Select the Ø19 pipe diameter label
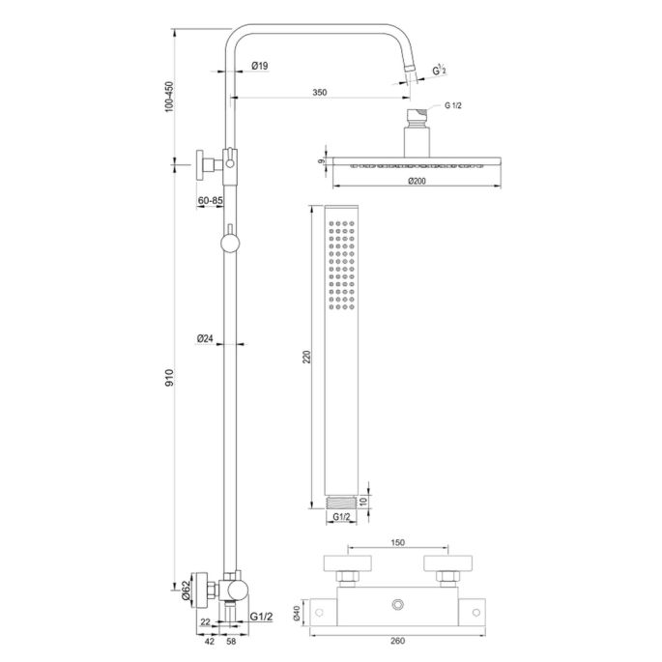point(258,66)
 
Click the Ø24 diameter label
point(204,339)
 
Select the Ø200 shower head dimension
point(417,181)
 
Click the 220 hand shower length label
point(307,358)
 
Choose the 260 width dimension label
point(396,639)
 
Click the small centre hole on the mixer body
point(398,606)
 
